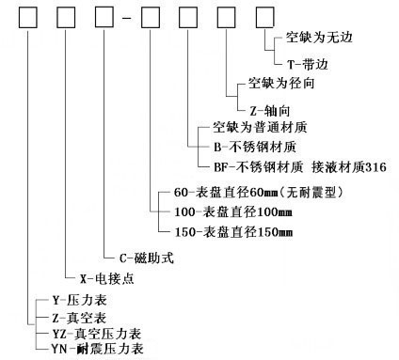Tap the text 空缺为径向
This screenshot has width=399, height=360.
tap(277, 83)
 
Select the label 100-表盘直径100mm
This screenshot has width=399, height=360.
tap(233, 210)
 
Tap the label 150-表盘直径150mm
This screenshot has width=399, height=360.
tap(233, 229)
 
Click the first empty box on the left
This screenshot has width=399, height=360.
tap(29, 18)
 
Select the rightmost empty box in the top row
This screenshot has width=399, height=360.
tap(267, 18)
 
